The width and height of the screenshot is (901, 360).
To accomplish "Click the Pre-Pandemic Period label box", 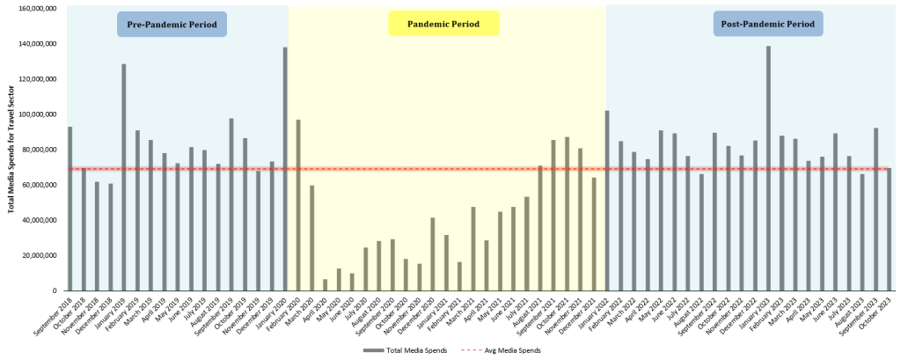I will pyautogui.click(x=172, y=24).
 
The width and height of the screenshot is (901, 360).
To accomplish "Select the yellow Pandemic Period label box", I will pyautogui.click(x=443, y=24).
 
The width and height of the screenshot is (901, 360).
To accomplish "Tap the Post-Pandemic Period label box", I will pyautogui.click(x=767, y=24).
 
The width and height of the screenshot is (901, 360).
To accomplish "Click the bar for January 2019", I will pyautogui.click(x=124, y=177).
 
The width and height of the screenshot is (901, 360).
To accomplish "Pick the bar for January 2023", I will pyautogui.click(x=768, y=168).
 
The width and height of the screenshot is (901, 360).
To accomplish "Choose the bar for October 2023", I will pyautogui.click(x=889, y=229).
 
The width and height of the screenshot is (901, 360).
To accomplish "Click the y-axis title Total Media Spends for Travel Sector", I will pyautogui.click(x=11, y=150).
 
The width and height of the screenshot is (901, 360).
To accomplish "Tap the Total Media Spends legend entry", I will pyautogui.click(x=405, y=350).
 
